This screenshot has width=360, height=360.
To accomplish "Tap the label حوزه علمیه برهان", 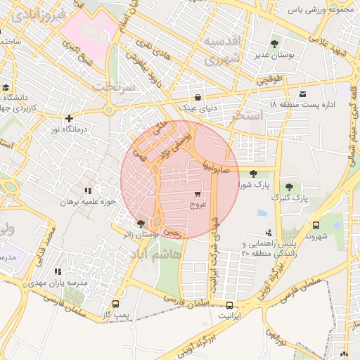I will (86, 202).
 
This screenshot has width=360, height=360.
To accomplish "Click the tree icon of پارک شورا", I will (253, 173).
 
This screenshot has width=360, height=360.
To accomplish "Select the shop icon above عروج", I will (198, 193).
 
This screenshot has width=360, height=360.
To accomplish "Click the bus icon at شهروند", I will (315, 226).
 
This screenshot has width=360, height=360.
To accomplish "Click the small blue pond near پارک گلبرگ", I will (262, 213).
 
